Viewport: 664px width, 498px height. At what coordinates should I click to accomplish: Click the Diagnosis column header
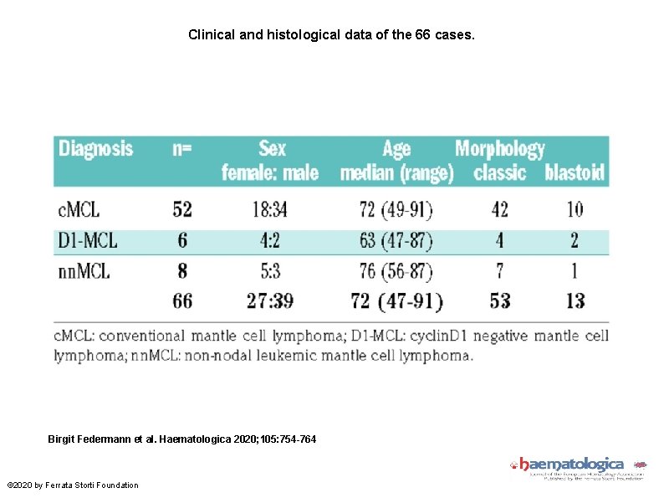coord(95,150)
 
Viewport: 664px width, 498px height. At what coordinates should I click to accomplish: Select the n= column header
coord(181,150)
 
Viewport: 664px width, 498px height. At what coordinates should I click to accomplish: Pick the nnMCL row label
coord(85,271)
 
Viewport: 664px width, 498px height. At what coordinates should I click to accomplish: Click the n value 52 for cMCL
coord(182,209)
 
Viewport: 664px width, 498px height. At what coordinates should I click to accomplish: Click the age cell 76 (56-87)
coord(396,271)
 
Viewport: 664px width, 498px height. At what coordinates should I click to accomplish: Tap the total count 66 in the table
coord(182,301)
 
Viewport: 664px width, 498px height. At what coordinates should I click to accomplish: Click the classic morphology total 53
coord(499,301)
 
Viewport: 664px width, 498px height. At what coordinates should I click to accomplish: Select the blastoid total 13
coord(575,301)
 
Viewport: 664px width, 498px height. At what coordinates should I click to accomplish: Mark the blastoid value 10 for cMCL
coord(575,209)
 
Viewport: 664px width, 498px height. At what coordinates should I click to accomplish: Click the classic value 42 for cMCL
coord(499,209)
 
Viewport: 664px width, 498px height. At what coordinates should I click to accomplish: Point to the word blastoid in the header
coord(575,173)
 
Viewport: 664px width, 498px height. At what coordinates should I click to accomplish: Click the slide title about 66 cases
coord(331,35)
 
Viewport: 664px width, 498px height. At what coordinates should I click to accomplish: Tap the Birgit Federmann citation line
coord(182,439)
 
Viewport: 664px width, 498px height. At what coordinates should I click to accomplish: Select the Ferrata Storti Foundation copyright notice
coord(73,485)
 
